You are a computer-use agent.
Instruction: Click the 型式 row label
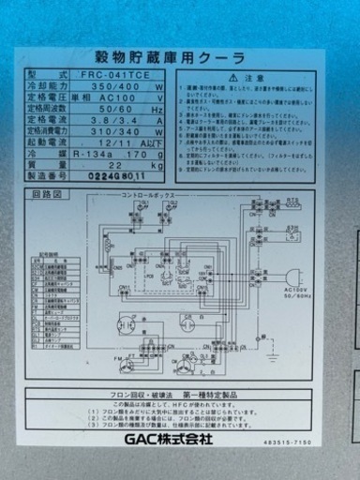[48, 73]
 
